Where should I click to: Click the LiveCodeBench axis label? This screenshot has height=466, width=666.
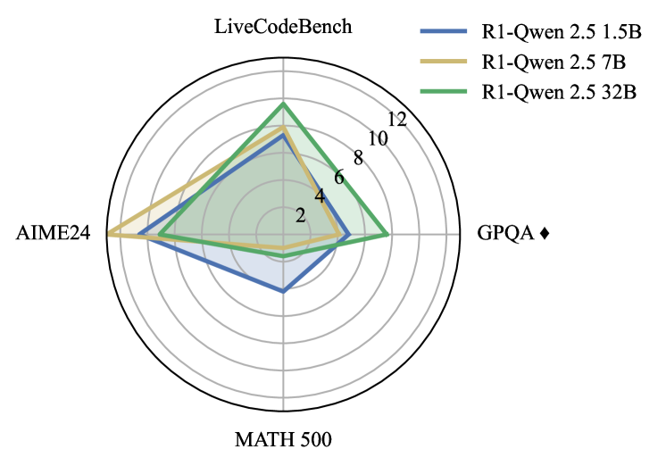[x=284, y=27]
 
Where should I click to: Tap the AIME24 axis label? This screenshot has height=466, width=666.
[x=53, y=235]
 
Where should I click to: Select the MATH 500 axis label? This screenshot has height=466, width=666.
[x=284, y=439]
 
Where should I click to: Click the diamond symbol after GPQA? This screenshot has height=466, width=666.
[x=545, y=235]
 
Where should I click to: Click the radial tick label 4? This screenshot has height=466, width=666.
[x=319, y=196]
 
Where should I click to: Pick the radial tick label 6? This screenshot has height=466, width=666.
[x=338, y=177]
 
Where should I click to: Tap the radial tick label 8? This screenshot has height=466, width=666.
[x=358, y=158]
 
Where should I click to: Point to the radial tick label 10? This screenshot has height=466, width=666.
[x=378, y=138]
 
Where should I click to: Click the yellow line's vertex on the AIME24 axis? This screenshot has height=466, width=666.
[x=108, y=234]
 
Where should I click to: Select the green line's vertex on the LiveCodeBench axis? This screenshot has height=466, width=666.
[x=284, y=104]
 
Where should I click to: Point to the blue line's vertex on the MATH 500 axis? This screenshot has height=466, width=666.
[x=284, y=291]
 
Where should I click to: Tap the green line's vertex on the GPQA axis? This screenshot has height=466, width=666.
[x=387, y=235]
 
